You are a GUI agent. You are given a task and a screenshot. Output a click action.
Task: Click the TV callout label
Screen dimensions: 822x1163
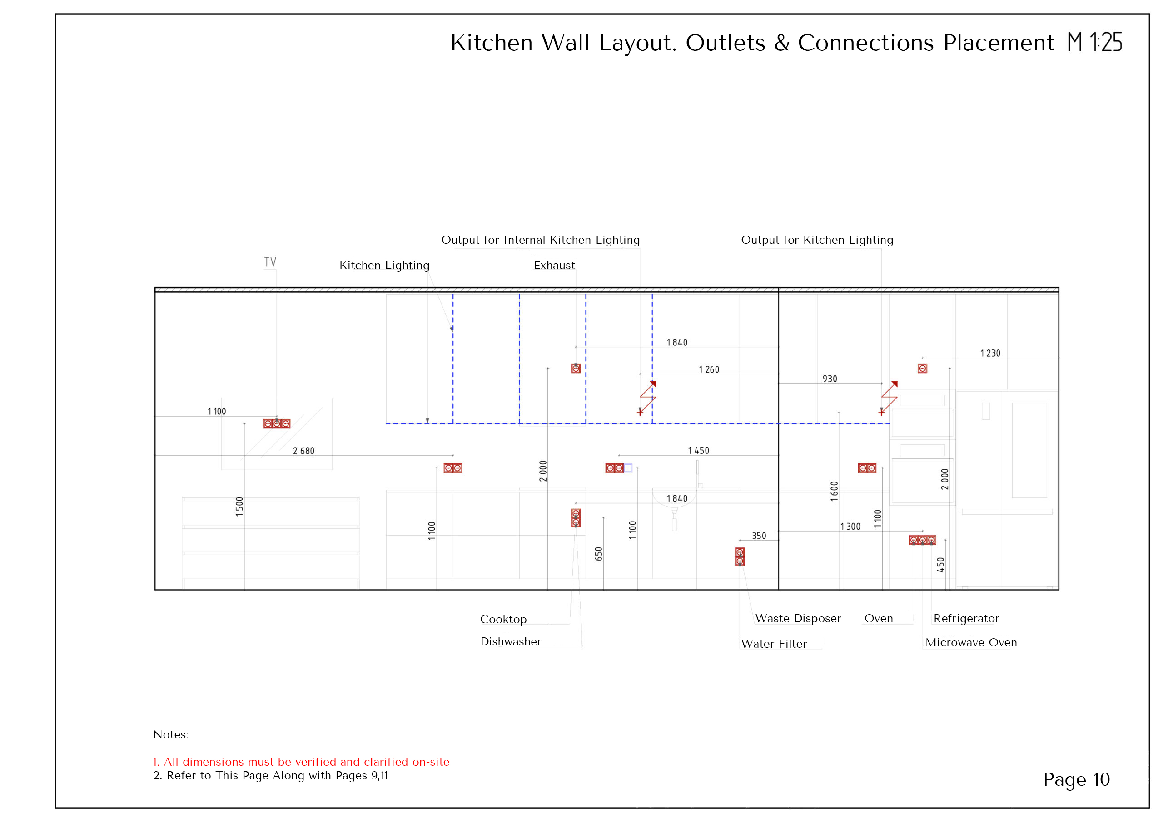(270, 262)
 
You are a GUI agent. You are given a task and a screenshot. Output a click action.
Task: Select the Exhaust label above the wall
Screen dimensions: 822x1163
(554, 266)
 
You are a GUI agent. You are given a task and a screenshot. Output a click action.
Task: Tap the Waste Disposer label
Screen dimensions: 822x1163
(798, 619)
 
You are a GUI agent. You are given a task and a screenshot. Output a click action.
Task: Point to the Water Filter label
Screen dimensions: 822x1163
(774, 644)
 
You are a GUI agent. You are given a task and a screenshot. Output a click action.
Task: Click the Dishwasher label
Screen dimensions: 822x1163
(511, 642)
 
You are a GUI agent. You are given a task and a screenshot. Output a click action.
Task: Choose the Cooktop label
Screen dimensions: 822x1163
(503, 620)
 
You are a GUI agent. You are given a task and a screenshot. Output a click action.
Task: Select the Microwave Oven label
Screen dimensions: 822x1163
(970, 643)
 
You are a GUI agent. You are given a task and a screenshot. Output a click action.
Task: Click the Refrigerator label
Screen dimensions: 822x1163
(966, 619)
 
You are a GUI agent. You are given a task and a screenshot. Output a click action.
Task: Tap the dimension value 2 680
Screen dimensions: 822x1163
(303, 451)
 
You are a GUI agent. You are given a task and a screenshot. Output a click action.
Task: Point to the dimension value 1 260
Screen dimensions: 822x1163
(709, 370)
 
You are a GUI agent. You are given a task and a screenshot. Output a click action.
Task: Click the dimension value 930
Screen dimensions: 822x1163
(830, 379)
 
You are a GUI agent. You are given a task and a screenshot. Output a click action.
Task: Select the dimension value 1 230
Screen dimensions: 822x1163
(990, 353)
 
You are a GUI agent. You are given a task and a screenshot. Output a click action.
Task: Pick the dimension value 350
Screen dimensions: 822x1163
(759, 536)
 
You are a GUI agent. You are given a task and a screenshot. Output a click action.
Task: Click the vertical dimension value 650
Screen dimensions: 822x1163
(599, 554)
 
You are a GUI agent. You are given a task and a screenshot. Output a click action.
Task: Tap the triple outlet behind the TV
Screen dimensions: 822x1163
(277, 423)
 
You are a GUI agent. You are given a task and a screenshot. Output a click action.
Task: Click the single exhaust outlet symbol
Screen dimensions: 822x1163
(576, 369)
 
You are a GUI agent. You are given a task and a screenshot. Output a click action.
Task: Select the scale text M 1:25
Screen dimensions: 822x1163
(1094, 43)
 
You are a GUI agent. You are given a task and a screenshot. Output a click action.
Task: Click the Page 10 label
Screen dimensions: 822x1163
(1076, 779)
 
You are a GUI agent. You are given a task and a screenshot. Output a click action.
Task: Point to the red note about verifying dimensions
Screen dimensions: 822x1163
(301, 762)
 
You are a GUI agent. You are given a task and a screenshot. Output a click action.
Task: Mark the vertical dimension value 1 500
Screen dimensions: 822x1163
(239, 507)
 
